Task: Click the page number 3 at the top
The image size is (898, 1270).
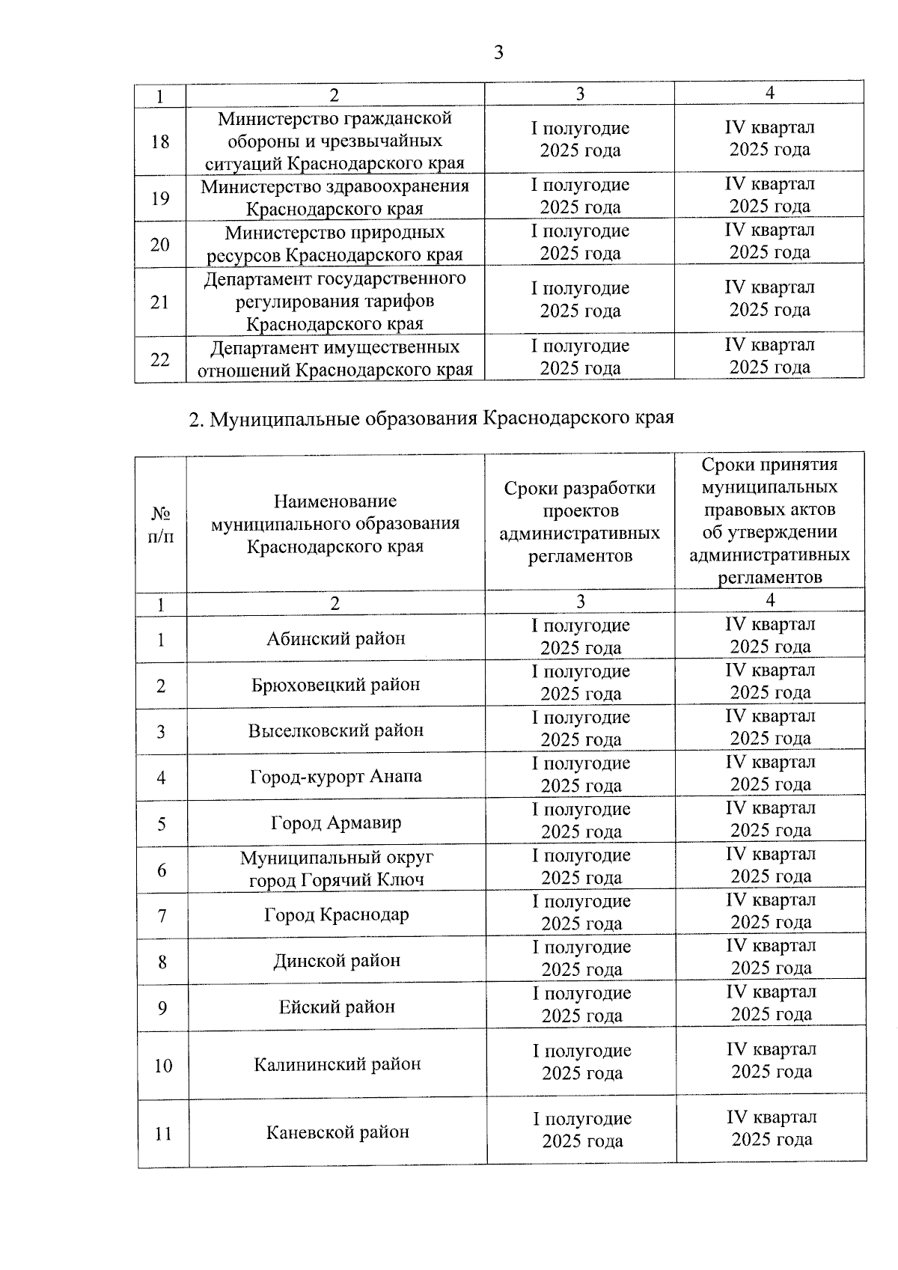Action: click(498, 52)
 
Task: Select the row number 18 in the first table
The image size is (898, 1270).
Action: click(160, 141)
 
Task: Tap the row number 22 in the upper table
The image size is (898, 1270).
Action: click(160, 360)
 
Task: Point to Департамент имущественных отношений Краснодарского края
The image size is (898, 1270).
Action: click(335, 358)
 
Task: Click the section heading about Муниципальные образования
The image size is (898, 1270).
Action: click(431, 418)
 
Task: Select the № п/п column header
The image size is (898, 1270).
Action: click(161, 525)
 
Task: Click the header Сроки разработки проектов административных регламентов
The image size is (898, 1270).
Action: click(580, 522)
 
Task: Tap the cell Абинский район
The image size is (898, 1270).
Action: click(336, 639)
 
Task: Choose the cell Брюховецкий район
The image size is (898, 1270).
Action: click(336, 685)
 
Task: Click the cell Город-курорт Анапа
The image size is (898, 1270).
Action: click(336, 777)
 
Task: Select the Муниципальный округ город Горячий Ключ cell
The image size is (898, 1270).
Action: click(336, 869)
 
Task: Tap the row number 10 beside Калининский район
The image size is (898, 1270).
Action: click(163, 1066)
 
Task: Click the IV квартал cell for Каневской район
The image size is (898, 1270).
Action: click(772, 1129)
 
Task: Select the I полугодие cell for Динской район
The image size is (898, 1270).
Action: click(581, 959)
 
